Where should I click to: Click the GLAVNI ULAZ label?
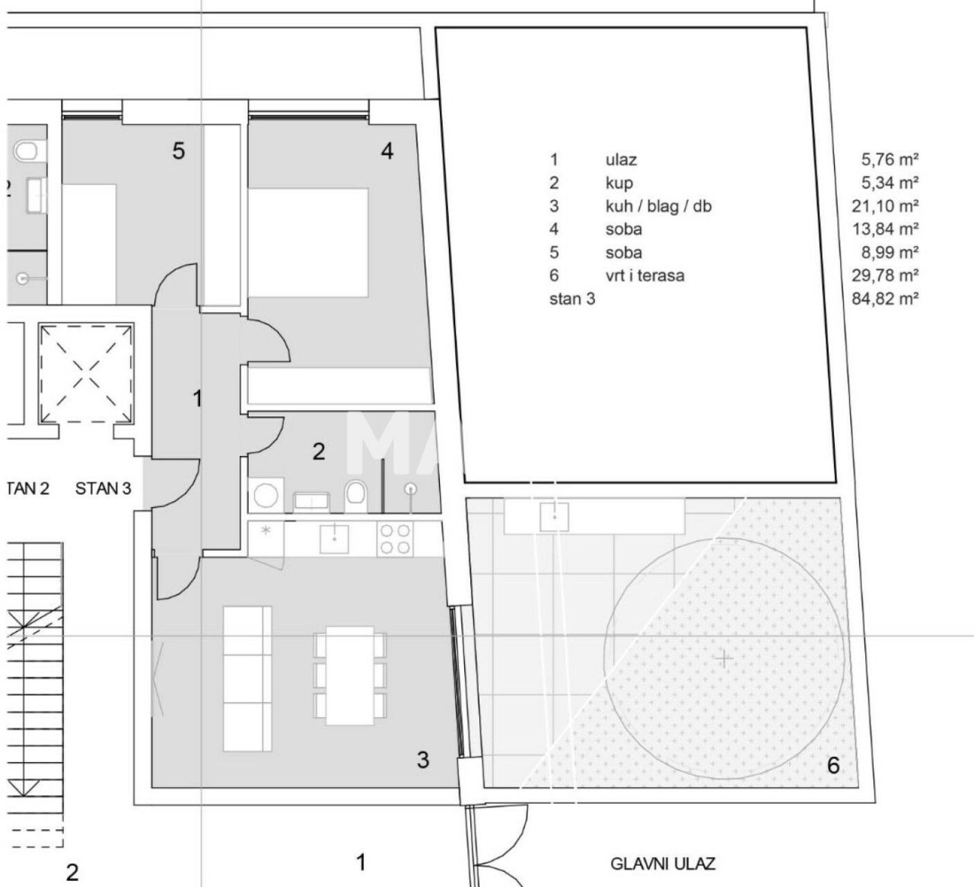(x=663, y=863)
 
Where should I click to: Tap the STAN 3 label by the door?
(x=103, y=489)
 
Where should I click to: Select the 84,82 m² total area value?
(x=885, y=298)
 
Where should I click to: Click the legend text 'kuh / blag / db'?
(x=658, y=206)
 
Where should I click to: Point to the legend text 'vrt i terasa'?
(x=645, y=276)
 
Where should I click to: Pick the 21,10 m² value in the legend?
(x=885, y=206)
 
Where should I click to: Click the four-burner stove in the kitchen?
(x=396, y=539)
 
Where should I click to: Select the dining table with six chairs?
(x=350, y=675)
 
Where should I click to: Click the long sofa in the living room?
(x=247, y=678)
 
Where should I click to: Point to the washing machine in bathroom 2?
(x=266, y=496)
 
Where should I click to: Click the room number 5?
(x=178, y=152)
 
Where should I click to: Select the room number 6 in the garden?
(x=833, y=765)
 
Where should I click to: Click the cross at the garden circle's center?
(x=724, y=658)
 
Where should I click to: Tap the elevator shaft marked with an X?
(x=88, y=373)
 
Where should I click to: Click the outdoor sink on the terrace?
(x=555, y=517)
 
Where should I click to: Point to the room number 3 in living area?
(x=423, y=758)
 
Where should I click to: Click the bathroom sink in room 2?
(x=310, y=500)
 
